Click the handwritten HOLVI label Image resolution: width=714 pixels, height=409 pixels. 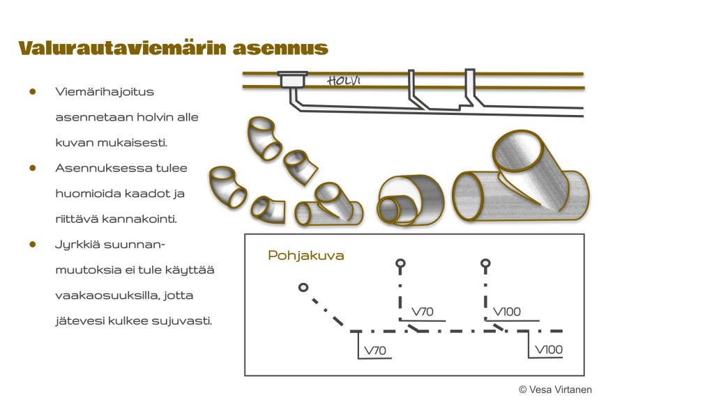[x=344, y=81]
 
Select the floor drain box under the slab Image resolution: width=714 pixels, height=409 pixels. [x=291, y=79]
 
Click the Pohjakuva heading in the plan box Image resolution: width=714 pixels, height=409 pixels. [x=305, y=256]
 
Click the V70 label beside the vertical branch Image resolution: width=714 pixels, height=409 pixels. [x=423, y=311]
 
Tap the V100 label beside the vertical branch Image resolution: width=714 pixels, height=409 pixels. [x=507, y=311]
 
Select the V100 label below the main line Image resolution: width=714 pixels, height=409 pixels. [x=548, y=350]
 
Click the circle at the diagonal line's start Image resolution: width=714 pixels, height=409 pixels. [x=303, y=287]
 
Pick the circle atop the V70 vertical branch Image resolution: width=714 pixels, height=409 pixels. [x=400, y=263]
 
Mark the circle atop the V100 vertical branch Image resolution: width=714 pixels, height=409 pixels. [x=485, y=263]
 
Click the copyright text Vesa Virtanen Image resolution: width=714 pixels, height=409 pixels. [x=555, y=389]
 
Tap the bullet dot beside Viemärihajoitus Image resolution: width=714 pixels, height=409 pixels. [x=32, y=91]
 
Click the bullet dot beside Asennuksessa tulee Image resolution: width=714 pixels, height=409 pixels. [x=32, y=168]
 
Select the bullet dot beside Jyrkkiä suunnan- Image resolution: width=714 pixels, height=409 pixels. [x=32, y=245]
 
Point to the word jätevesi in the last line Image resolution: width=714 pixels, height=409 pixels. [x=77, y=321]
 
